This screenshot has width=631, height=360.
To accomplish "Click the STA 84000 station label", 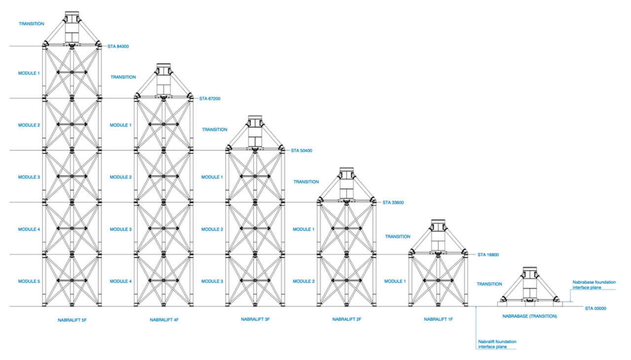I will (x=118, y=47).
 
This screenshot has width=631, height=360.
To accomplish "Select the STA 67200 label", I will (x=210, y=99).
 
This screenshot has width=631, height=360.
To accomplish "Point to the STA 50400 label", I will (x=301, y=150).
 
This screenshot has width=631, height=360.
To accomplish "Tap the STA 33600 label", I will (x=393, y=202).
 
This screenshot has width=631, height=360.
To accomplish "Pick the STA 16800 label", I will (x=489, y=255).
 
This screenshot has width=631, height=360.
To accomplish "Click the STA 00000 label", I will (x=595, y=308).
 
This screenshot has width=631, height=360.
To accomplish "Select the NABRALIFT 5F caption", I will (x=72, y=320).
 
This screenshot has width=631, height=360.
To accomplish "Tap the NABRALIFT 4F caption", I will (x=164, y=320).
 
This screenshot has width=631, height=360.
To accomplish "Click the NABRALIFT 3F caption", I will (x=255, y=320).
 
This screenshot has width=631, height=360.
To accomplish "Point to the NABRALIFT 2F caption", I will (x=347, y=320).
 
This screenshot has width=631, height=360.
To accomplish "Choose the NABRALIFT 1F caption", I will (x=438, y=320).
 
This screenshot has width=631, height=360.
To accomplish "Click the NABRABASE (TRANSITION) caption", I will (x=529, y=316).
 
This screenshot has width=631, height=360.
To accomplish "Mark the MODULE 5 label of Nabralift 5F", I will (x=29, y=281).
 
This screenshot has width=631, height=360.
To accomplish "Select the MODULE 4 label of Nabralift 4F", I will (x=120, y=281).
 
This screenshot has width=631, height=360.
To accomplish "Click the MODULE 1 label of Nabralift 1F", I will (x=394, y=281).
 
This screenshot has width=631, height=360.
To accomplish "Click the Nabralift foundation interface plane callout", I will (x=497, y=344).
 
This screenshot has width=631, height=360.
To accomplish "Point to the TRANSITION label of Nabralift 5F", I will (x=31, y=24).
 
